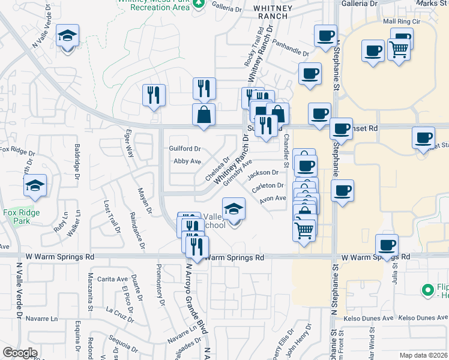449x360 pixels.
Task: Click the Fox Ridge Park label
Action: [x=21, y=217]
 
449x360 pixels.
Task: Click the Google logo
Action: [x=20, y=352]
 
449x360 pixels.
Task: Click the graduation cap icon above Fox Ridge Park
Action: [x=35, y=187]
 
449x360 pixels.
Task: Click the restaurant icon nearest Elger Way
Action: [x=154, y=95]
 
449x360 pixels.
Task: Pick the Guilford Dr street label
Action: [x=184, y=148]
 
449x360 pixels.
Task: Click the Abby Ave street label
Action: [x=187, y=161]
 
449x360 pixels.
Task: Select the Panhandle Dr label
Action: [x=290, y=48]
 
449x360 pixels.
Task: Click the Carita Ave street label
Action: [x=113, y=279]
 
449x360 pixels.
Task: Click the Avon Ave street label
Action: [x=273, y=199]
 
